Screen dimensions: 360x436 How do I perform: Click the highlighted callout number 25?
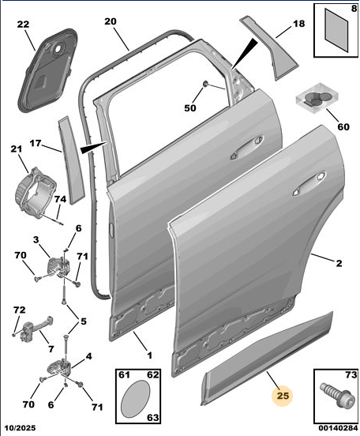tap(283, 395)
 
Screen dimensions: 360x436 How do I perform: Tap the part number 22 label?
tap(23, 24)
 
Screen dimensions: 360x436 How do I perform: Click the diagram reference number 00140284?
tap(338, 427)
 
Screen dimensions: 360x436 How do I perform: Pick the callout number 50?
tap(190, 108)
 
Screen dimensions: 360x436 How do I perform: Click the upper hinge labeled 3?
tap(59, 268)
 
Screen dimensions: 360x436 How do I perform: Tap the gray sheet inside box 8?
tap(336, 30)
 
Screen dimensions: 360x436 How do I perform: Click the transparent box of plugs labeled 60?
tap(317, 99)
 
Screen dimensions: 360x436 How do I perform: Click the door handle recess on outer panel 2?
tap(309, 184)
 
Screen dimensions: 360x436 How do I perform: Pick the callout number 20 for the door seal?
tap(111, 21)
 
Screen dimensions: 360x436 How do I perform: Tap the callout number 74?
tap(60, 199)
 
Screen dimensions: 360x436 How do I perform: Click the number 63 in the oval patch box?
tap(152, 417)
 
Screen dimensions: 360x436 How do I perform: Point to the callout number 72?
tap(19, 310)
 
